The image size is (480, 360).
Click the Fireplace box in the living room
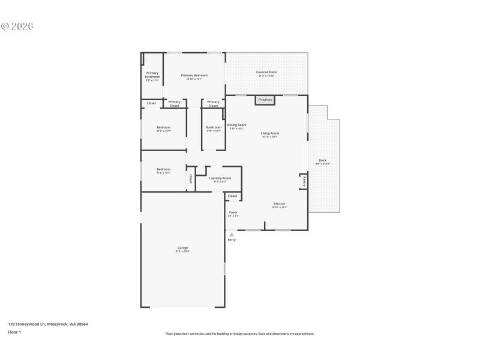click(x=265, y=100)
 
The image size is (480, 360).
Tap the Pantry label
click(x=304, y=181)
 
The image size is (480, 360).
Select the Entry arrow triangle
click(x=232, y=235)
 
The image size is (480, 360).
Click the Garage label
click(x=182, y=248)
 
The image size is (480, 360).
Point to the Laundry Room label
click(x=220, y=178)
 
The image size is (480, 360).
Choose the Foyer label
click(x=233, y=212)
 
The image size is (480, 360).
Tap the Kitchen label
click(x=280, y=203)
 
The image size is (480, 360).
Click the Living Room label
click(x=269, y=133)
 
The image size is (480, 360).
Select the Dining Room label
click(x=236, y=125)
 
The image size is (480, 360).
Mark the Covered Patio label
click(x=266, y=72)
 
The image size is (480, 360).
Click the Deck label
click(x=323, y=160)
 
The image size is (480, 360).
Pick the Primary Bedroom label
click(x=194, y=75)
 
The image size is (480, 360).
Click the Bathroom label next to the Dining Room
click(x=214, y=127)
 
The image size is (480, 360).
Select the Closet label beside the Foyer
click(x=232, y=196)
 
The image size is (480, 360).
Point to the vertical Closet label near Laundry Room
click(x=191, y=178)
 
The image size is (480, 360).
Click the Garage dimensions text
click(x=182, y=251)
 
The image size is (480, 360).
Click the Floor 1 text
click(x=14, y=332)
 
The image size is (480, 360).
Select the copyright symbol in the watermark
click(x=5, y=26)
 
